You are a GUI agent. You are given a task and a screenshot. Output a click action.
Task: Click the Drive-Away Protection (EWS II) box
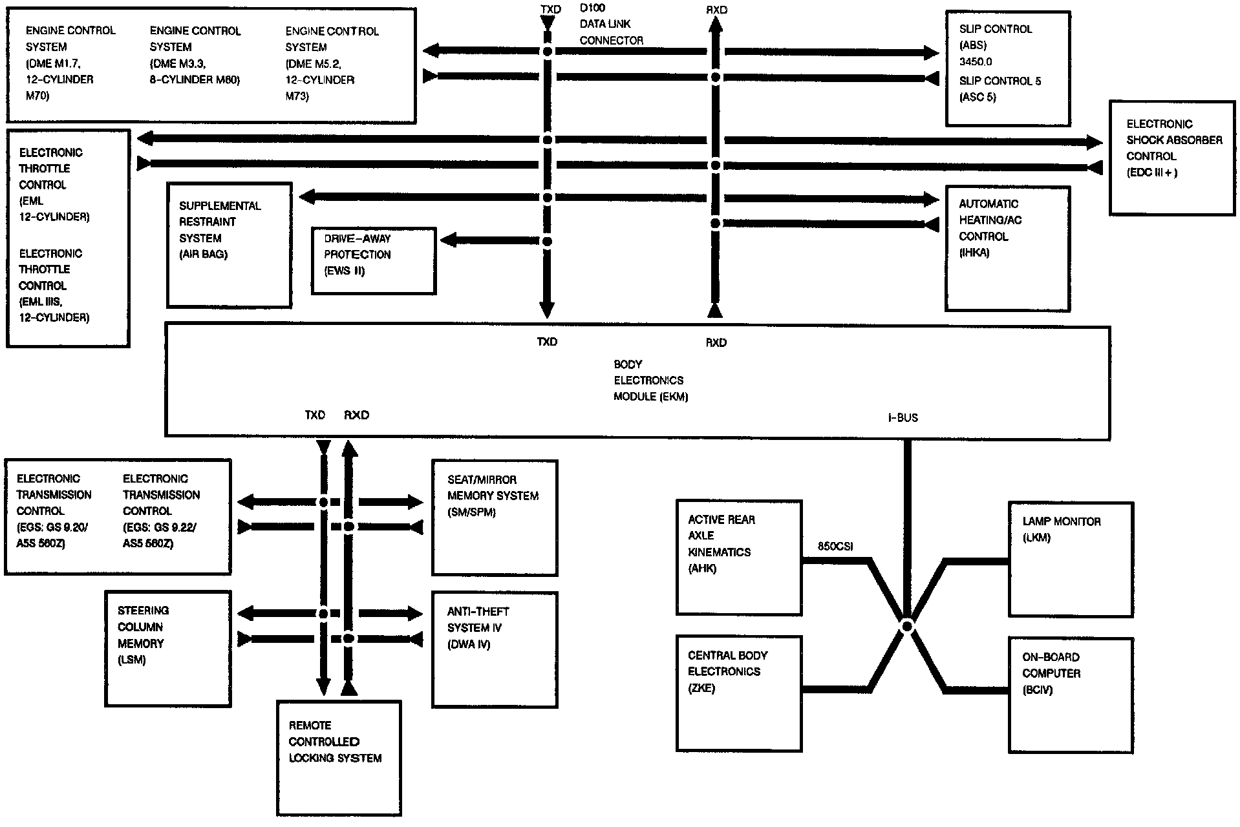pos(373,261)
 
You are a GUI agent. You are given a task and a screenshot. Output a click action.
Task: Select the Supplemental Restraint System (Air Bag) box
pos(229,245)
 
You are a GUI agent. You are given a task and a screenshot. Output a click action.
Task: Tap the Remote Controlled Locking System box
pos(339,757)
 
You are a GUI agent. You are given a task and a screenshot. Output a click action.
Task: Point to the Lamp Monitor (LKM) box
pos(1071,560)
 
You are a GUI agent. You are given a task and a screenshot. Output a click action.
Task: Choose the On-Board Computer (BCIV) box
pos(1071,695)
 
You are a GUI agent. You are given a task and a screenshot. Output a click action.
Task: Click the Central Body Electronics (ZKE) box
pos(739,693)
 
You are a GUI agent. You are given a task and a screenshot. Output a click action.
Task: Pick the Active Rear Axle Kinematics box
pos(739,557)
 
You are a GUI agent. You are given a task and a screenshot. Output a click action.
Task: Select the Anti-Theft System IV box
pos(495,650)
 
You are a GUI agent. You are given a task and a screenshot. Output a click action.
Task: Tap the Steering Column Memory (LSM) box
pos(167,649)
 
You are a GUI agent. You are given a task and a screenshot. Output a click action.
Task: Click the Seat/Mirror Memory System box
pos(495,518)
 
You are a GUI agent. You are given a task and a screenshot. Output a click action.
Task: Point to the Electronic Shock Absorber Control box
pos(1172,157)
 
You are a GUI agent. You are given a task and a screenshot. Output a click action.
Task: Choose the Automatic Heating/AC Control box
pos(1007,249)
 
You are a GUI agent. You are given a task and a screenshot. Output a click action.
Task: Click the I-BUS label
pos(903,418)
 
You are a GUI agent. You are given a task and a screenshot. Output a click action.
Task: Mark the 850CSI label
pos(835,547)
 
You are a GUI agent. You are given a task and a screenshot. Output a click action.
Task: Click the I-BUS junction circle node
pos(907,626)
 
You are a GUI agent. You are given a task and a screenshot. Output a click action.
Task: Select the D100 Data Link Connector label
pos(611,25)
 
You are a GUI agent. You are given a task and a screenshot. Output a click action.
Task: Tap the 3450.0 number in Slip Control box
pos(976,62)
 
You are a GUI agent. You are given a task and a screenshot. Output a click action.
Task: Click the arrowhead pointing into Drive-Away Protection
pos(447,240)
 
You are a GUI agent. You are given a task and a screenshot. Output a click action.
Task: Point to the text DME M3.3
pos(178,63)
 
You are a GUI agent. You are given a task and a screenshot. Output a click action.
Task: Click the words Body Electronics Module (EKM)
pos(650,381)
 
